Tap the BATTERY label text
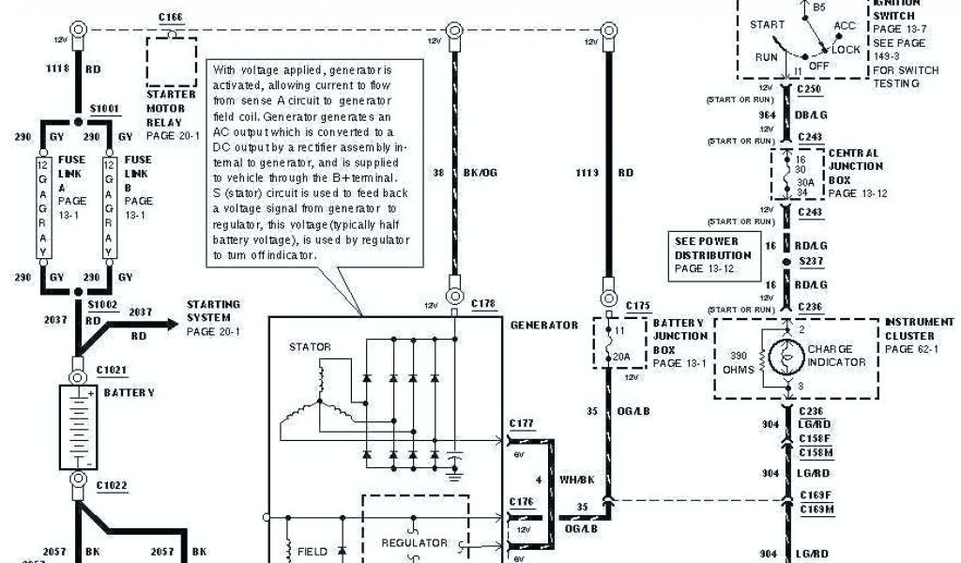click(x=129, y=393)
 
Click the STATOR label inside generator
click(x=311, y=347)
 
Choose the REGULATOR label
click(x=413, y=542)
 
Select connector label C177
click(x=522, y=424)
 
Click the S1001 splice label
click(x=103, y=109)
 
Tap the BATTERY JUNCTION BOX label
click(x=680, y=337)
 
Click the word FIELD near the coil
click(x=313, y=552)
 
